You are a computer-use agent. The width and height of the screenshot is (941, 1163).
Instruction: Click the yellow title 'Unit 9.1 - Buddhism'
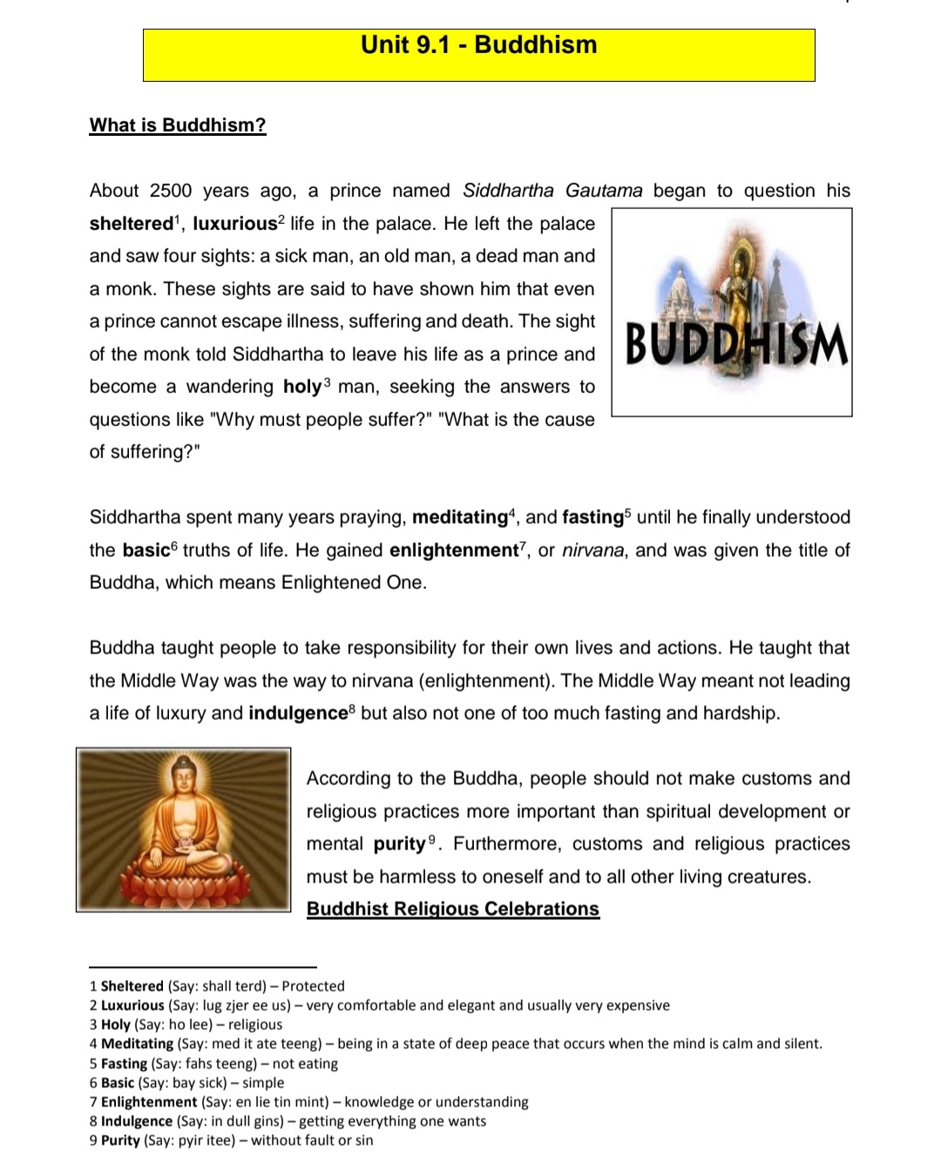point(479,45)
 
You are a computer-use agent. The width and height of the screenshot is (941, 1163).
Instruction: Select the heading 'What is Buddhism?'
point(178,125)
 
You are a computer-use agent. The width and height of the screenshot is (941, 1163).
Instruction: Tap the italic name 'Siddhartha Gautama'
point(552,191)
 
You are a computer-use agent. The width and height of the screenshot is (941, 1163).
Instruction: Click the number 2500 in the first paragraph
point(171,191)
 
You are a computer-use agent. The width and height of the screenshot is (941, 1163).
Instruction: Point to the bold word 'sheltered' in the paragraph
point(132,224)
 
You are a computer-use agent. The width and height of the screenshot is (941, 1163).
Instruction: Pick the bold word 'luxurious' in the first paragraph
point(234,224)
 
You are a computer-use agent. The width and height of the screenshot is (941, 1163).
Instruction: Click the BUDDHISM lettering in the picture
point(736,344)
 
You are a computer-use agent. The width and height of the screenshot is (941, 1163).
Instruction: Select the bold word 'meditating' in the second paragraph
point(459,517)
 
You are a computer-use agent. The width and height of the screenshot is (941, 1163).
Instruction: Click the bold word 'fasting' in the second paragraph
point(592,517)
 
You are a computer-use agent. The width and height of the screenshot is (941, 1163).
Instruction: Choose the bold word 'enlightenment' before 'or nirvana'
point(453,551)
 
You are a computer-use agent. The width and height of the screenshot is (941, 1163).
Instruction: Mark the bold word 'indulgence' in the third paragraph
point(298,713)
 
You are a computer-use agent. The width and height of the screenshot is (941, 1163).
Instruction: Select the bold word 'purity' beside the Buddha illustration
point(399,844)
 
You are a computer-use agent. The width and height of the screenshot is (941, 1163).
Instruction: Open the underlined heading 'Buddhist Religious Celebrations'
point(453,909)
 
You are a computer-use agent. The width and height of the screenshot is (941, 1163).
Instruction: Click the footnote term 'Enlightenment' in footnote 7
point(149,1102)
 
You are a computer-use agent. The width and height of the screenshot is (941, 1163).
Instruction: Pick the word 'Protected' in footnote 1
point(313,986)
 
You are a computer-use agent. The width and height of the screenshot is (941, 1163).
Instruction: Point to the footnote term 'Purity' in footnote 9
point(120,1140)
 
